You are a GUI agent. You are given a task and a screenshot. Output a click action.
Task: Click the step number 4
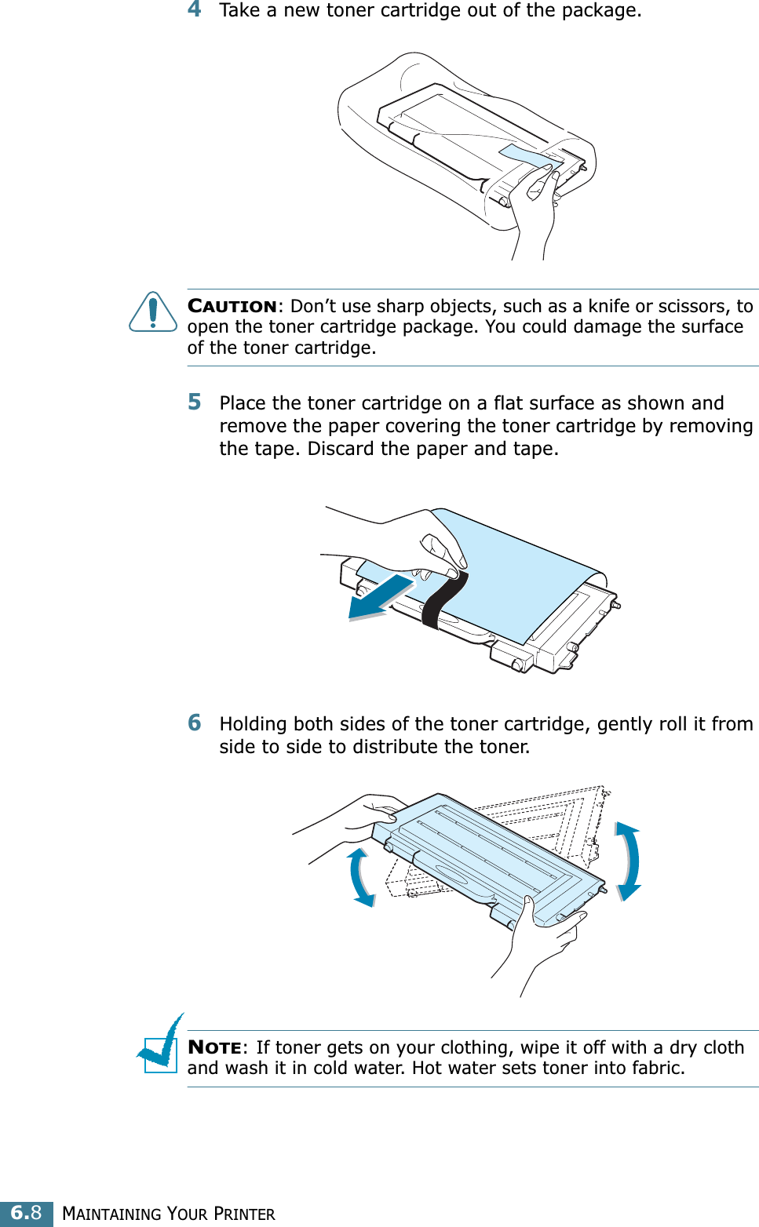(x=194, y=9)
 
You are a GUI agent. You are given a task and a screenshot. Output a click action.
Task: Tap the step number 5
(x=194, y=402)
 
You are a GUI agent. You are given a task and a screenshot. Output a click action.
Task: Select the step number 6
(x=194, y=723)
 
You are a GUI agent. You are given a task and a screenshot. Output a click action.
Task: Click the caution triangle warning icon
(x=153, y=311)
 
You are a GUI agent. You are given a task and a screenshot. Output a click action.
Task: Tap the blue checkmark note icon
(x=159, y=1043)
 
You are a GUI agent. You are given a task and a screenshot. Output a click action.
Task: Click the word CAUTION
(x=232, y=306)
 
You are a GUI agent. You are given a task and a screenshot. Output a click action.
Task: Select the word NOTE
(x=214, y=1047)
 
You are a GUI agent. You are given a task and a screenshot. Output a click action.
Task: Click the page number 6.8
(x=27, y=1213)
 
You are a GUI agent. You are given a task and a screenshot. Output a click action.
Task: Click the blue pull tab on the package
(x=531, y=155)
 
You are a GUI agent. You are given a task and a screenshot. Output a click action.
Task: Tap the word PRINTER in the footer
(x=244, y=1214)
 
